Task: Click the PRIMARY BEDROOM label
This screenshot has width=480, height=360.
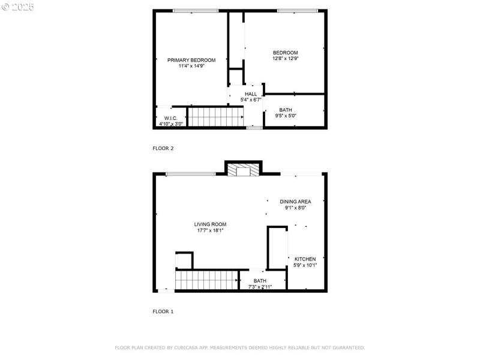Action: [x=191, y=61]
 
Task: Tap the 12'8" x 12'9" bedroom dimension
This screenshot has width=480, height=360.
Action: [x=286, y=58]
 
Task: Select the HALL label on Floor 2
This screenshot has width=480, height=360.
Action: [x=251, y=94]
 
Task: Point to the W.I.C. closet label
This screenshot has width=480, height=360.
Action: [x=170, y=118]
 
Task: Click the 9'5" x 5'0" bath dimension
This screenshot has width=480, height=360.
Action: [x=286, y=116]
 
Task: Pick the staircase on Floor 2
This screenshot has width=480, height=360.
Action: [x=215, y=116]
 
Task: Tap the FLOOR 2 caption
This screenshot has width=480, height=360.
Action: [x=163, y=148]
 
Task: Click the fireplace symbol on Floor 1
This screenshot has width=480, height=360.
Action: [x=244, y=170]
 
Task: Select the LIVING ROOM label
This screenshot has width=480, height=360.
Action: [x=210, y=224]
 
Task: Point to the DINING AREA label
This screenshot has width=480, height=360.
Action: [x=295, y=202]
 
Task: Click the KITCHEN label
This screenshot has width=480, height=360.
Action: [x=305, y=259]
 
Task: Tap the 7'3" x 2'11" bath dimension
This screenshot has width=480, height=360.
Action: [x=260, y=287]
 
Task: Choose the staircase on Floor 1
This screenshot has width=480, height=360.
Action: [x=206, y=280]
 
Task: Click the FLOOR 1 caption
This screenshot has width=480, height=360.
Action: [x=163, y=311]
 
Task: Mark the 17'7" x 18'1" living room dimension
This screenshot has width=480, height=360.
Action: [x=210, y=230]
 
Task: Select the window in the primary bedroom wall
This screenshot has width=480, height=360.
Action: [x=196, y=11]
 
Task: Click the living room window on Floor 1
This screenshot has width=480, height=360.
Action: [x=191, y=174]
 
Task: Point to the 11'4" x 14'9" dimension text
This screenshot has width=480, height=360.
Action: [x=191, y=66]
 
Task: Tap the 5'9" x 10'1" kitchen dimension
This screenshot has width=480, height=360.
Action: [x=305, y=265]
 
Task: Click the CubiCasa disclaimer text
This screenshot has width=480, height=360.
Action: [x=239, y=348]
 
